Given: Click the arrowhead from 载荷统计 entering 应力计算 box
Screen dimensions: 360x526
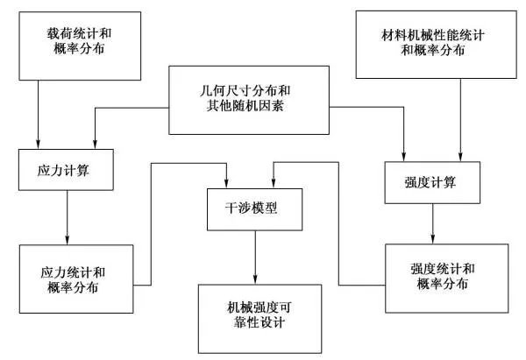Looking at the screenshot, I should pyautogui.click(x=39, y=144).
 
